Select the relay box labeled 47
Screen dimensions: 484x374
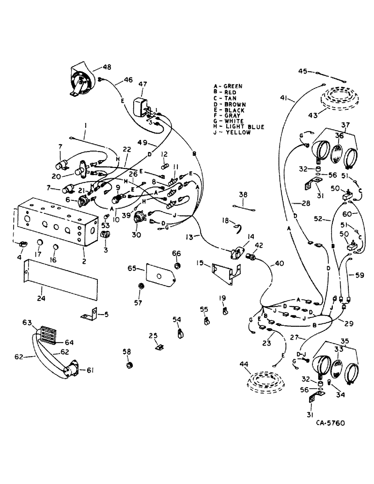(142, 106)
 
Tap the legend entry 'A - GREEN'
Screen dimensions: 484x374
(229, 86)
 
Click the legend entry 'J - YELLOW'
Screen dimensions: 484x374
(232, 133)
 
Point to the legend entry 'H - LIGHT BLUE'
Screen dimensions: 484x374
(238, 127)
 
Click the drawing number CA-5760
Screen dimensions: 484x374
(328, 423)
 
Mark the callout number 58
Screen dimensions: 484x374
(128, 351)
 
